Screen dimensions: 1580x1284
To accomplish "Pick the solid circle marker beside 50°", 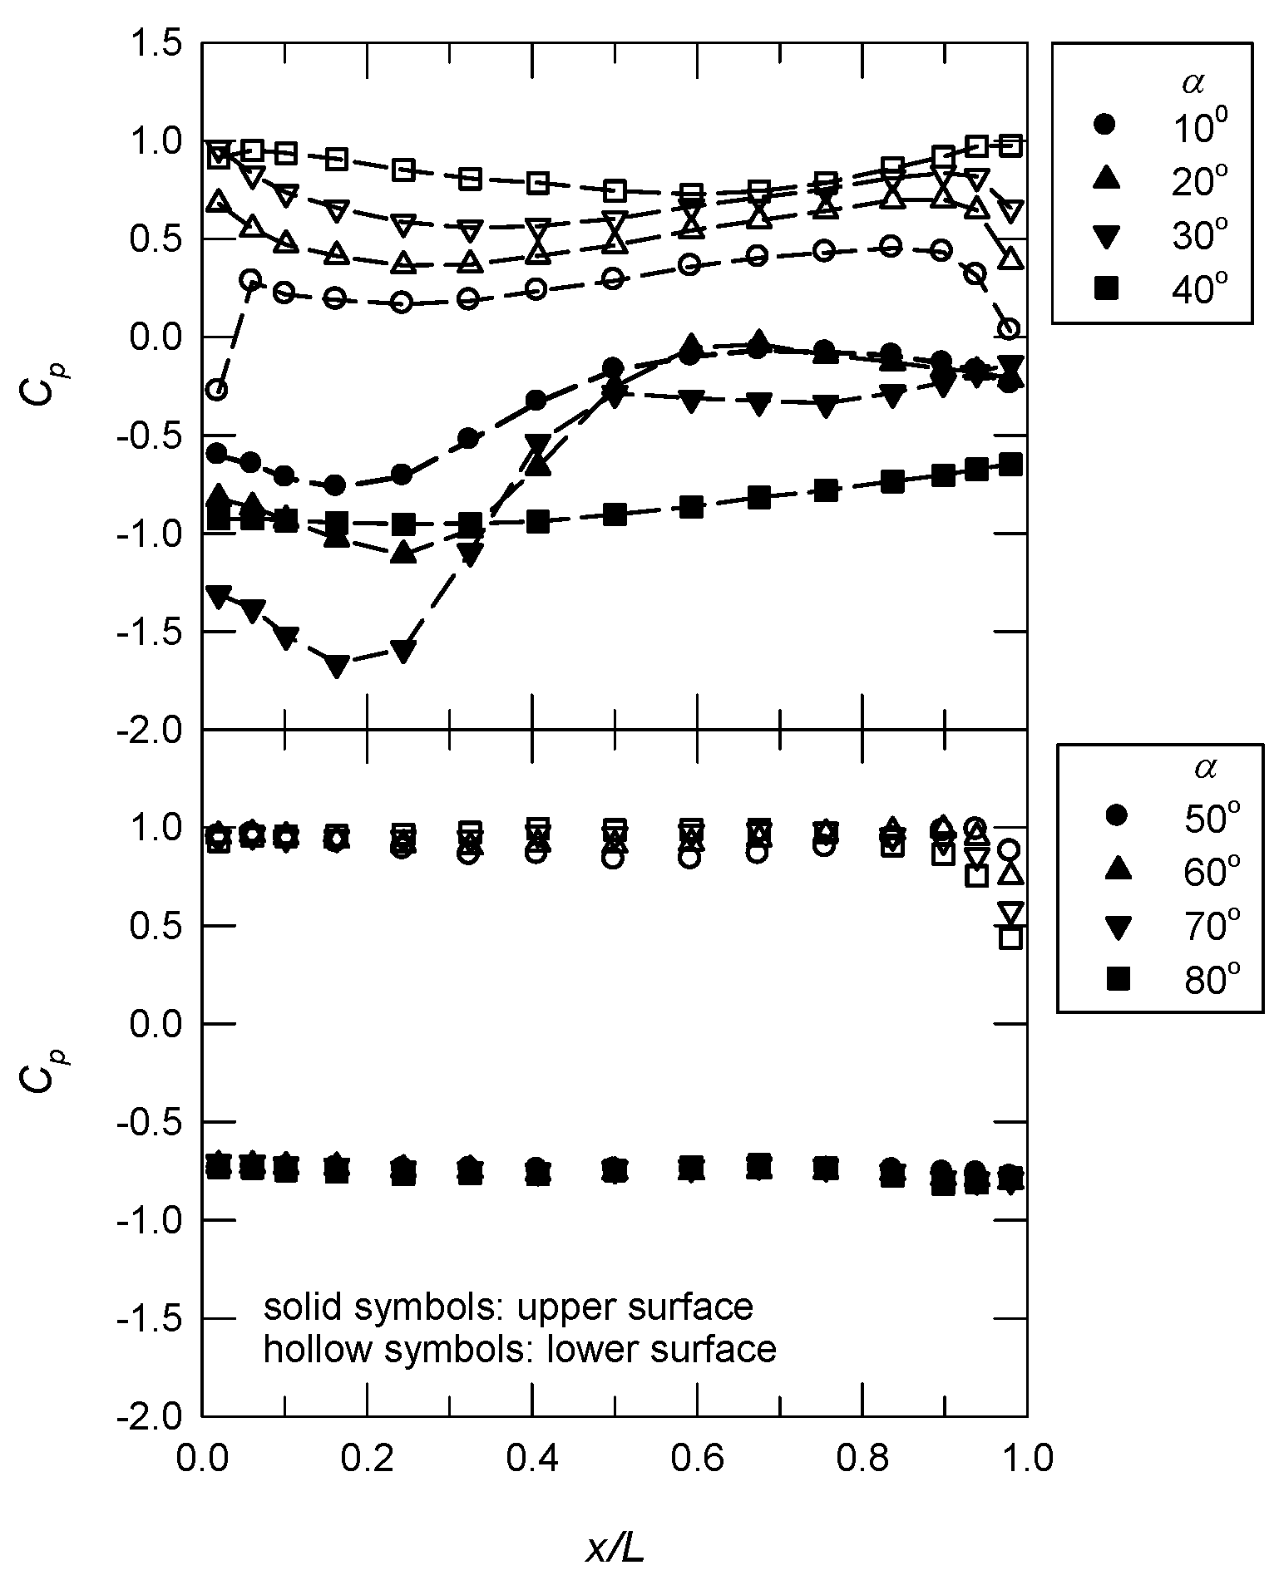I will [x=1118, y=816].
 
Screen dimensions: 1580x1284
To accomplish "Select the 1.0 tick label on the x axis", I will [x=1026, y=1460].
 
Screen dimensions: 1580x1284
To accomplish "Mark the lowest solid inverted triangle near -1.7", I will [x=337, y=666].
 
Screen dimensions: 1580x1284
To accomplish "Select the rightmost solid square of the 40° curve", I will [x=1010, y=465].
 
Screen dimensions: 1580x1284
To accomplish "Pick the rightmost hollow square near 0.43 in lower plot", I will [x=1010, y=938].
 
